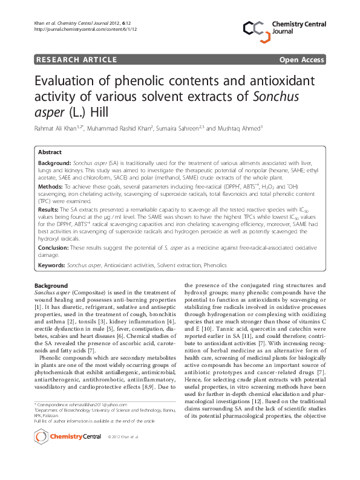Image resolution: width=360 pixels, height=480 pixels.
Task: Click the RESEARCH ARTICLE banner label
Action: pyautogui.click(x=76, y=59)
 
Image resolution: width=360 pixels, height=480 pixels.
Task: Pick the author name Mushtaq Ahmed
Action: pyautogui.click(x=238, y=128)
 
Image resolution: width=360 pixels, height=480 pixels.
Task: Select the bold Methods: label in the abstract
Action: pyautogui.click(x=51, y=188)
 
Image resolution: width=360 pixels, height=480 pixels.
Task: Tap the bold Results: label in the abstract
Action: pyautogui.click(x=50, y=208)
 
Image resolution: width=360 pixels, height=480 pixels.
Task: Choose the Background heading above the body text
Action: pyautogui.click(x=51, y=285)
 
